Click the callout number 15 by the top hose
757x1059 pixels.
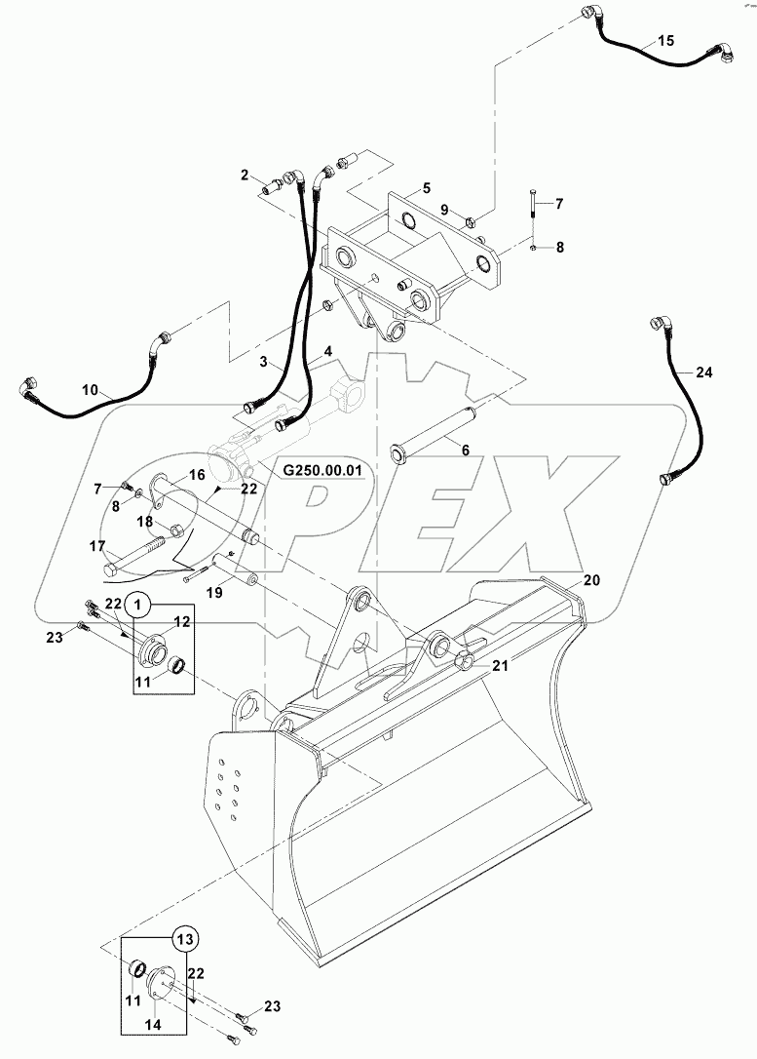coord(664,41)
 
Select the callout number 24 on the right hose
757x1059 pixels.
coord(704,372)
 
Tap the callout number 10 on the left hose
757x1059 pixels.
coord(90,389)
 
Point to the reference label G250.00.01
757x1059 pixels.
coord(322,470)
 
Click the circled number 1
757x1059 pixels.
coord(138,605)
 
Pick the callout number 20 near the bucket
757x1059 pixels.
coord(592,579)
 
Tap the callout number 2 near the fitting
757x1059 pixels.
coord(246,176)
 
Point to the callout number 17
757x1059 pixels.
coord(96,547)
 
